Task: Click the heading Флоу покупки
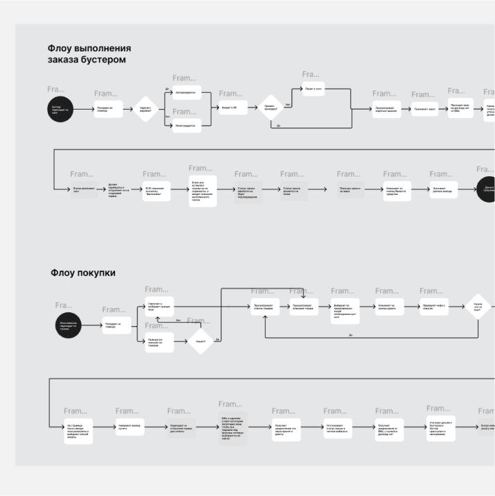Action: (x=82, y=273)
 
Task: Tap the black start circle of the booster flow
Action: (x=60, y=108)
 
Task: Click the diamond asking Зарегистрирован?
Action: (x=146, y=108)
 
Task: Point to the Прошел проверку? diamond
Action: (x=270, y=108)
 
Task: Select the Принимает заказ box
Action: (x=425, y=109)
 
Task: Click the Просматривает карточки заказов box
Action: (x=386, y=109)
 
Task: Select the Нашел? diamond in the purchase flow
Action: (x=201, y=341)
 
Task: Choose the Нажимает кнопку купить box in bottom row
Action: (x=129, y=429)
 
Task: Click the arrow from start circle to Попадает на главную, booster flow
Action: (x=83, y=109)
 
